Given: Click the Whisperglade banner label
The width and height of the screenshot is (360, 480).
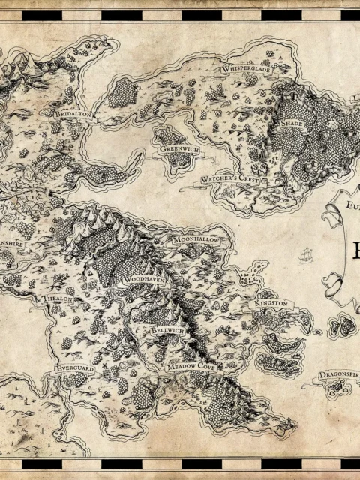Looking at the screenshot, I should point(245,68).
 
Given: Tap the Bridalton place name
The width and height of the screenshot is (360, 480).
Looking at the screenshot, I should point(73,113).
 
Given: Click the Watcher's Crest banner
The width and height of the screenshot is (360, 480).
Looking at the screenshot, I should point(231,180).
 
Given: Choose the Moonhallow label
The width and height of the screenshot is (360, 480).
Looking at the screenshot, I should point(195,238).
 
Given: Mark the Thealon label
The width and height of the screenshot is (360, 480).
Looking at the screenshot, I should point(58,298).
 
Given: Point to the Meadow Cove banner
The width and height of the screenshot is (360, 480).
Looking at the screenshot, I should point(190,365).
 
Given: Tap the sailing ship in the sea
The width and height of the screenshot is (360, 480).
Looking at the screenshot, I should point(305,255).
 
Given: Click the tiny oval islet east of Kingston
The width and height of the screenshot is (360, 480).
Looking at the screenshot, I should point(316,331).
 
